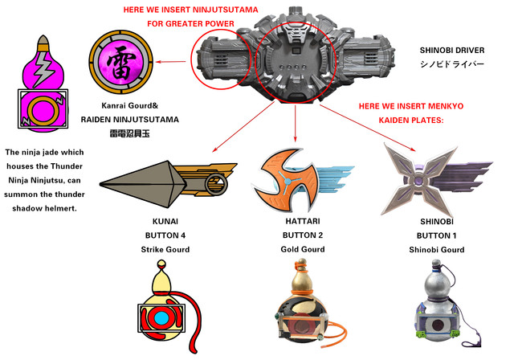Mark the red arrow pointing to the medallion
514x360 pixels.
171,59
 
